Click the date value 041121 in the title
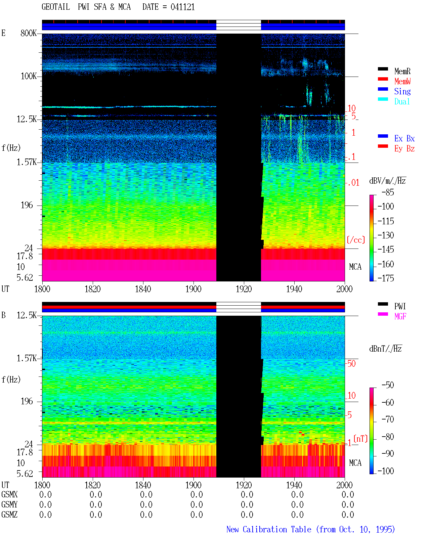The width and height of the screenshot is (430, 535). pyautogui.click(x=182, y=7)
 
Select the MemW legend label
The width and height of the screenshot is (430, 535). pyautogui.click(x=402, y=81)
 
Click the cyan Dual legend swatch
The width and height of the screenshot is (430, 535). pyautogui.click(x=383, y=99)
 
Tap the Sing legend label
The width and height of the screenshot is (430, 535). pyautogui.click(x=402, y=91)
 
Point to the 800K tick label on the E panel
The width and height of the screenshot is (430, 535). pyautogui.click(x=29, y=33)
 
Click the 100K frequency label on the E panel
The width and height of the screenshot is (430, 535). pyautogui.click(x=29, y=76)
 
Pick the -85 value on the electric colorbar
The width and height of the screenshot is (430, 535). pyautogui.click(x=388, y=192)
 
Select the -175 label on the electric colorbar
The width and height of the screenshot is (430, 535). pyautogui.click(x=386, y=278)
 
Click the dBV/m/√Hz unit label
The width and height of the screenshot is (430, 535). pyautogui.click(x=387, y=181)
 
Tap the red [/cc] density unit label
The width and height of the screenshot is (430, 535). pyautogui.click(x=356, y=240)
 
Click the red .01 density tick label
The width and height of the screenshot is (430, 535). pyautogui.click(x=353, y=183)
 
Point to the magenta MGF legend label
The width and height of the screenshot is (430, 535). pyautogui.click(x=400, y=316)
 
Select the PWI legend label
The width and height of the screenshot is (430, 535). pyautogui.click(x=400, y=306)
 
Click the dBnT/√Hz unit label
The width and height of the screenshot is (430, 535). pyautogui.click(x=385, y=349)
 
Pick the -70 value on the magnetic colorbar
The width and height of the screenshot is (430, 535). pyautogui.click(x=388, y=419)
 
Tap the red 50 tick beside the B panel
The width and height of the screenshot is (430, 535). pyautogui.click(x=351, y=363)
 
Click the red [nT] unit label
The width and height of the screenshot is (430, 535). pyautogui.click(x=360, y=438)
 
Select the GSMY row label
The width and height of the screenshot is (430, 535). pyautogui.click(x=9, y=504)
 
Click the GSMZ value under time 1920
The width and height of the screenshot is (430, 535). pyautogui.click(x=247, y=515)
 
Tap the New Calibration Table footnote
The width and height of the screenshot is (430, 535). pyautogui.click(x=310, y=529)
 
